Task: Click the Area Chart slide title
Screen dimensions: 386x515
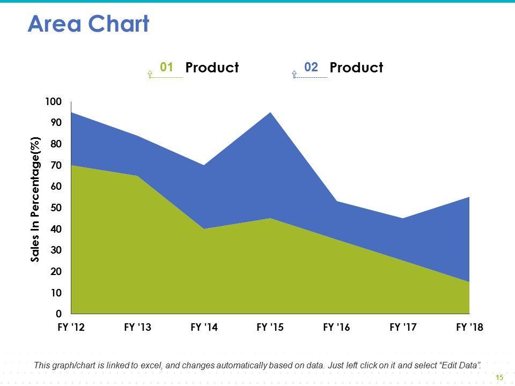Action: [x=89, y=24]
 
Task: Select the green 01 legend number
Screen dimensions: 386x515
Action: [x=166, y=67]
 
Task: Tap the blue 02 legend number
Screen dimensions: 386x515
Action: [x=311, y=67]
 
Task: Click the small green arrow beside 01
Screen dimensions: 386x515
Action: [x=150, y=75]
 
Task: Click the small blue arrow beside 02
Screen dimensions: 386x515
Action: [x=294, y=75]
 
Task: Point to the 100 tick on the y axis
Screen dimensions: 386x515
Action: [x=54, y=102]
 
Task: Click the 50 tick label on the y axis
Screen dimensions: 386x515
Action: [x=56, y=208]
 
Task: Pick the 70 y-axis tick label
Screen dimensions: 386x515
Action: [x=56, y=166]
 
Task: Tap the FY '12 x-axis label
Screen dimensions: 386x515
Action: [x=71, y=328]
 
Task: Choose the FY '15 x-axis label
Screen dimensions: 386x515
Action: [x=270, y=328]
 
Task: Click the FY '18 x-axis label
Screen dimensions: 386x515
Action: [x=469, y=328]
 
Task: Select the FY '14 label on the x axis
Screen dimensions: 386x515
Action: [x=204, y=328]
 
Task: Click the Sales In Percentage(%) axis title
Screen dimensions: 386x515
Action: [x=35, y=199]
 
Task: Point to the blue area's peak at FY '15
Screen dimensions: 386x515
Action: [x=270, y=113]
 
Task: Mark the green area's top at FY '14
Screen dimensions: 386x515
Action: [x=204, y=229]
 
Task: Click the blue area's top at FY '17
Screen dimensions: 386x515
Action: [x=403, y=219]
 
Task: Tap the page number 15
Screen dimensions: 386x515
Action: [x=499, y=378]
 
